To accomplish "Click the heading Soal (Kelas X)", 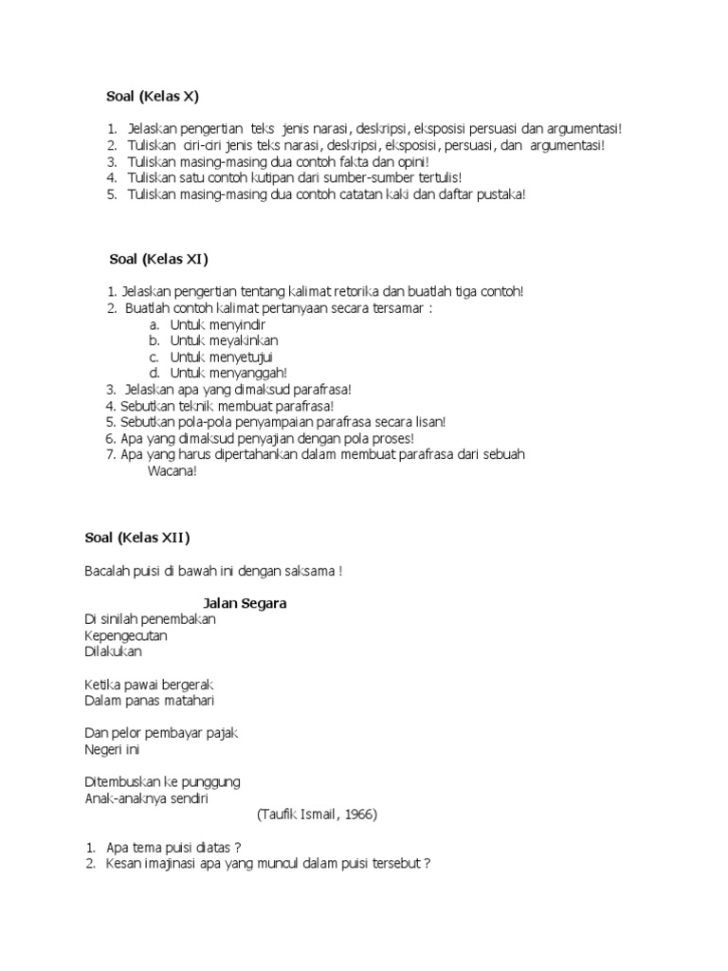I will tap(152, 96).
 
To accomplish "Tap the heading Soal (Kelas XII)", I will tap(137, 538).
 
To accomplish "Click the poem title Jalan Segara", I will tap(246, 603).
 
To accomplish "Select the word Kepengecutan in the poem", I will tap(125, 635).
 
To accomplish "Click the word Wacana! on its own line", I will tap(173, 470).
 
